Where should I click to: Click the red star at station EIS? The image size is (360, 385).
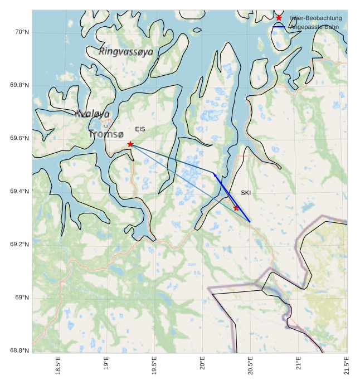130,144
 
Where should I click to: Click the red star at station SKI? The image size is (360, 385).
236,208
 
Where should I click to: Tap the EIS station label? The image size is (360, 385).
140,129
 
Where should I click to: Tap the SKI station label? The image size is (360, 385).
246,193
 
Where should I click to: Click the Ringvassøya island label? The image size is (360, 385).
126,52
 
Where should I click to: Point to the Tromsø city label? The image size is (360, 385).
106,134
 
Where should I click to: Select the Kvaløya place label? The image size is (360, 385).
93,114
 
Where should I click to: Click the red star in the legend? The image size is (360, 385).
279,18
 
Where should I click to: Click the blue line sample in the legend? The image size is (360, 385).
279,27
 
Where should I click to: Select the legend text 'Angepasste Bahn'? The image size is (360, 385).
315,27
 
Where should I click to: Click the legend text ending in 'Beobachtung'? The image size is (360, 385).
315,18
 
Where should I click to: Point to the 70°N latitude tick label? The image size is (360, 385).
21,32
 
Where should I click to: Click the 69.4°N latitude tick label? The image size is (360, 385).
20,192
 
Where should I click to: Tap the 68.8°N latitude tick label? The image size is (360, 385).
20,350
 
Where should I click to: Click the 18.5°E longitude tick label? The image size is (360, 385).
59,368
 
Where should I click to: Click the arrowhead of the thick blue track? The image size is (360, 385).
214,174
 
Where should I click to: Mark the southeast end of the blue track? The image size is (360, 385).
250,222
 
